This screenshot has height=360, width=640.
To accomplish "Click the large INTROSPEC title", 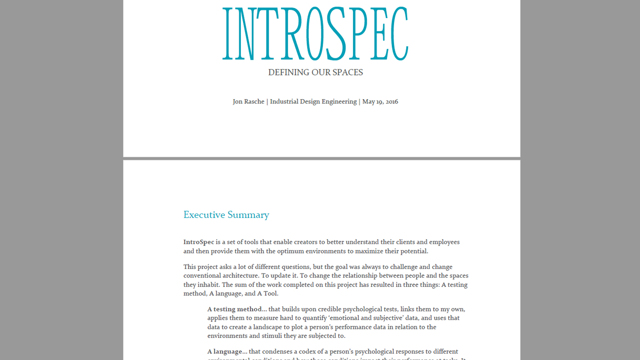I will [315, 33].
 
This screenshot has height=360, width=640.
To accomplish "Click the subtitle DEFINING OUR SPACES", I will [315, 72].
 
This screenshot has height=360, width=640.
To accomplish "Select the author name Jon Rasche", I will [248, 102].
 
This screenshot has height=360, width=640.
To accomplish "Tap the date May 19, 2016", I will [380, 102].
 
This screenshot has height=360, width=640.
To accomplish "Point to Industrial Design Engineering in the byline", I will [313, 102].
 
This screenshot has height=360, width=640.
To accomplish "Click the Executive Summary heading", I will [226, 215].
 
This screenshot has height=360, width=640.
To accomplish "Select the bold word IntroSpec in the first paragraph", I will [199, 242].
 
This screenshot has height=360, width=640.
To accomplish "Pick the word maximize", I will [369, 251].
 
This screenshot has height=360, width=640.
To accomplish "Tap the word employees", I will [444, 242].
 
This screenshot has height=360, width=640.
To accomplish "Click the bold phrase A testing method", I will [234, 309].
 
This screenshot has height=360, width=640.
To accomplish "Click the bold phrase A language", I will [227, 351].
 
